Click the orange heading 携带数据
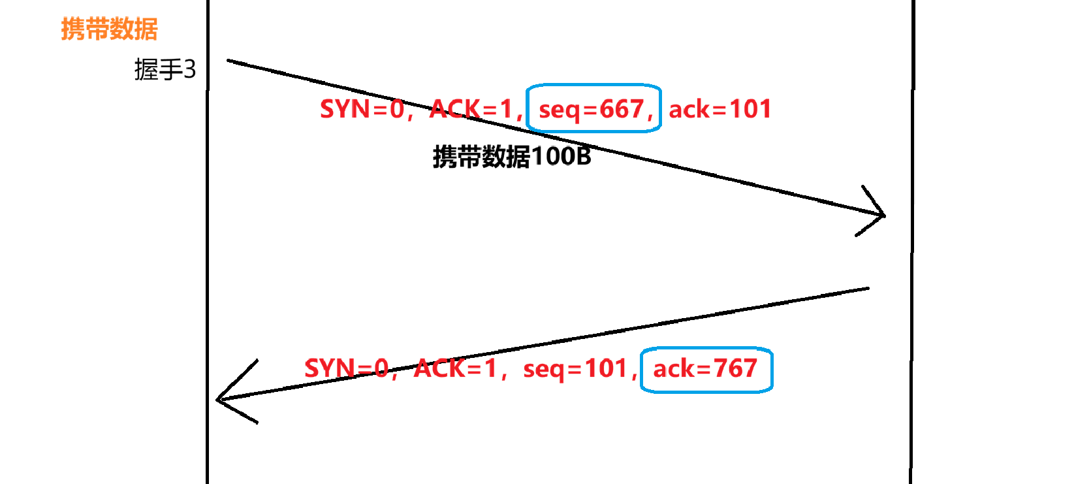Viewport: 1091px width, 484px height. (109, 29)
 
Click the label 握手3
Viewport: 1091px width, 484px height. (165, 69)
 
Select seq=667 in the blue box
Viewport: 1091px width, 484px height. (593, 109)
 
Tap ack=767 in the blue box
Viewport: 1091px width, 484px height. (705, 369)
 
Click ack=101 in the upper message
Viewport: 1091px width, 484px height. (719, 109)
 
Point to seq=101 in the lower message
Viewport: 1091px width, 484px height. (575, 369)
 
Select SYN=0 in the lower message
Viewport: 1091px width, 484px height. (347, 369)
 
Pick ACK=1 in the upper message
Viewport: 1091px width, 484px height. (472, 109)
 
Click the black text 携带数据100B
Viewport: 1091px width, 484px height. (512, 157)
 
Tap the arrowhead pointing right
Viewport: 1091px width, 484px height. (881, 214)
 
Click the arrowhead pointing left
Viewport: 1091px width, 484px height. (220, 399)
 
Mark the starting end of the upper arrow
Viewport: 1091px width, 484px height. (229, 61)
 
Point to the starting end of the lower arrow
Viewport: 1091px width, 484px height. (867, 288)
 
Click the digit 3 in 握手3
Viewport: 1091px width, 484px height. (189, 69)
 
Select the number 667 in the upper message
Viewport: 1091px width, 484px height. (622, 109)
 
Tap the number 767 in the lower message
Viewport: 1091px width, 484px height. (735, 369)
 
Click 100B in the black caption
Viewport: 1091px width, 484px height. (561, 157)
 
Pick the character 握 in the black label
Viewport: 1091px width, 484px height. (146, 69)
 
